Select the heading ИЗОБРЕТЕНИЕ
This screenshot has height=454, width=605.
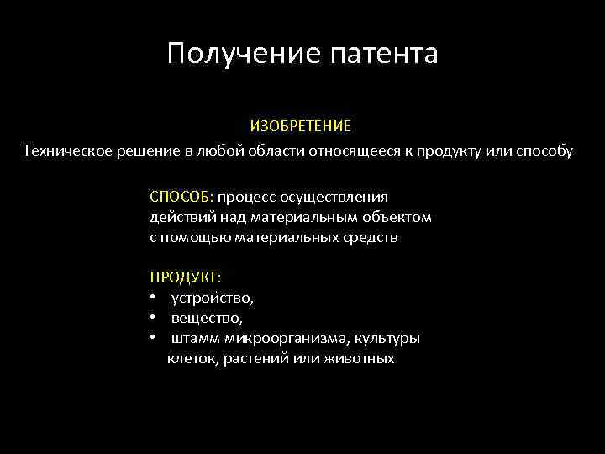tap(300, 126)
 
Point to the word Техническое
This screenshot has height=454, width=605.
tap(66, 150)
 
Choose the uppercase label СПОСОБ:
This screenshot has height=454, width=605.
tap(181, 197)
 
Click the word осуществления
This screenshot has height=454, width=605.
tap(340, 197)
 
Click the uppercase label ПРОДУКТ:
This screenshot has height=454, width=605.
tap(185, 277)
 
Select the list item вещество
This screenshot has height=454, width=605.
tap(207, 318)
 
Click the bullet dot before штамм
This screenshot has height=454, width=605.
tap(153, 339)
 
